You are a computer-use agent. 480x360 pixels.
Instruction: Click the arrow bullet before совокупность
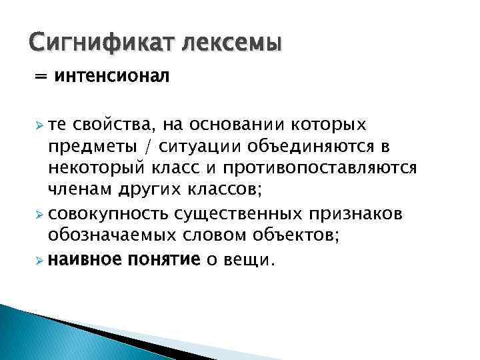39,214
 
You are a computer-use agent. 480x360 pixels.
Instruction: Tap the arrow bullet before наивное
39,259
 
